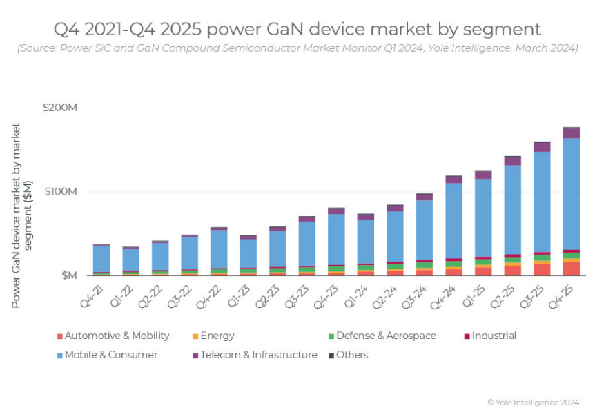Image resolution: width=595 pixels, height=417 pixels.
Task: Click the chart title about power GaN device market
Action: click(297, 29)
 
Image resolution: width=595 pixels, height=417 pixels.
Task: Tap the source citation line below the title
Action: click(297, 48)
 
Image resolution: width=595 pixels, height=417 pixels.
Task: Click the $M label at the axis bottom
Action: click(69, 275)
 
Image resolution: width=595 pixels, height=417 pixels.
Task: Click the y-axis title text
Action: click(22, 215)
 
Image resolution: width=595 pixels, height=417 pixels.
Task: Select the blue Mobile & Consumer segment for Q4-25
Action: click(571, 193)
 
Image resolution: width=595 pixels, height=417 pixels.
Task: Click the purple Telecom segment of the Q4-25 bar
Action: click(571, 133)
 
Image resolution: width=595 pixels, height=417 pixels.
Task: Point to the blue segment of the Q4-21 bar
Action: click(101, 258)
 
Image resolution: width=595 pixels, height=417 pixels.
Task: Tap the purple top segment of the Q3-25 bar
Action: click(542, 147)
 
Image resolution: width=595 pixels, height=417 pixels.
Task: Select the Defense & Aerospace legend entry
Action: click(385, 336)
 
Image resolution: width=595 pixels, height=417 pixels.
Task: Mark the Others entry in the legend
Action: click(351, 355)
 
